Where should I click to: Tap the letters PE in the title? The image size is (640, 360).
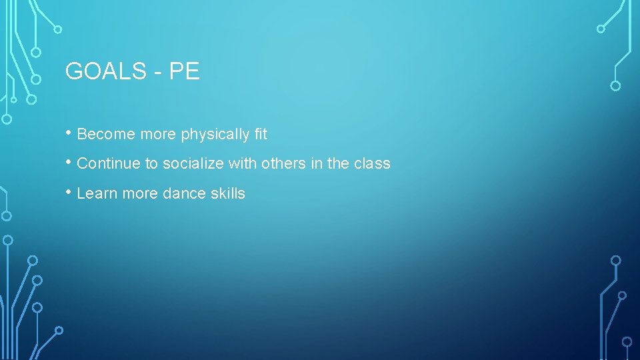185,71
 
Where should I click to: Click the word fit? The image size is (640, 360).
261,134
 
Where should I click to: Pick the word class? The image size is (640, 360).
372,163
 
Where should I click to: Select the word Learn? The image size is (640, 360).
96,193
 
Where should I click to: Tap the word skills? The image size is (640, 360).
228,193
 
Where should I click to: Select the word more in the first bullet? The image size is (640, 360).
156,135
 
